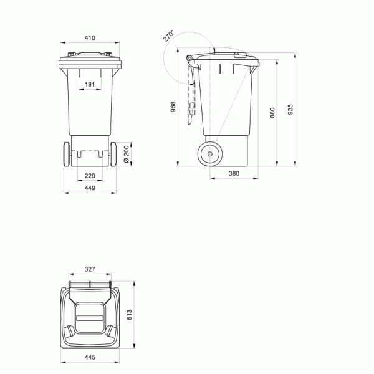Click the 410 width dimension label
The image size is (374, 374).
[x=90, y=37]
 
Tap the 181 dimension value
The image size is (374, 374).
[x=90, y=84]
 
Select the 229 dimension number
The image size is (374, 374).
[x=90, y=176]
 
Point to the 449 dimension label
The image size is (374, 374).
[x=90, y=188]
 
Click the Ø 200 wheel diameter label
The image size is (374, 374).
[x=127, y=154]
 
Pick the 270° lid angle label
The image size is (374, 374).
[x=168, y=36]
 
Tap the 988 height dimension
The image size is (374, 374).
[x=173, y=107]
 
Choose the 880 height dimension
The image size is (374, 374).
[x=272, y=113]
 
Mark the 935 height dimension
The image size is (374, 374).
[x=290, y=110]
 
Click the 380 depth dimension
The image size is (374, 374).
[x=234, y=173]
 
